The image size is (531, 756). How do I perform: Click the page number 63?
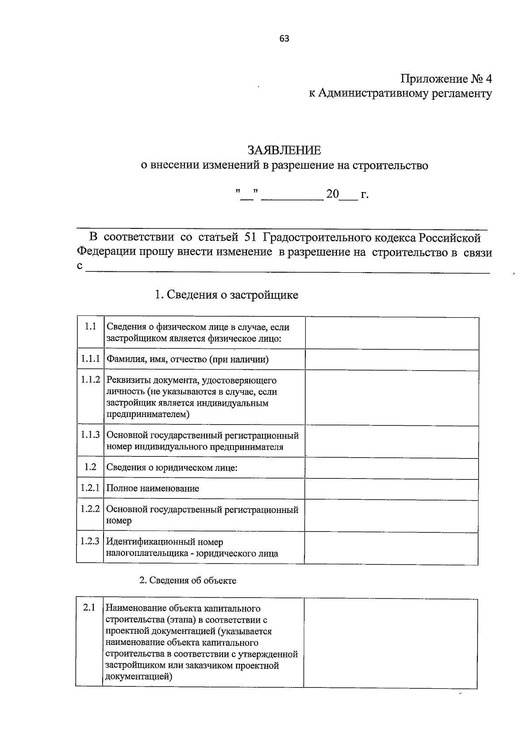click(284, 39)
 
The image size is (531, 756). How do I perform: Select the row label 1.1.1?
click(90, 359)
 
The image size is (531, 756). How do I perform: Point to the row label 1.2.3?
click(90, 541)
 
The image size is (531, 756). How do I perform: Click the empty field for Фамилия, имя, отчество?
click(391, 360)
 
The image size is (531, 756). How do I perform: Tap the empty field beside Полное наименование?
click(391, 489)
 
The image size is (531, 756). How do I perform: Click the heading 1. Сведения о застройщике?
click(226, 295)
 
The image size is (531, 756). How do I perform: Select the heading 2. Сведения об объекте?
click(188, 581)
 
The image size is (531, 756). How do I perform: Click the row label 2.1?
click(89, 608)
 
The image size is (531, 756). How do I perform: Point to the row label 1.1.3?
click(90, 435)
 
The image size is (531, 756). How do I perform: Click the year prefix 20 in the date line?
click(332, 194)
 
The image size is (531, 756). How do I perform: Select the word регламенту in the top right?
click(462, 94)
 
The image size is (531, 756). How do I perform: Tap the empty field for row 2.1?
click(390, 643)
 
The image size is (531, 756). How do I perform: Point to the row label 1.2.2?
click(90, 509)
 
